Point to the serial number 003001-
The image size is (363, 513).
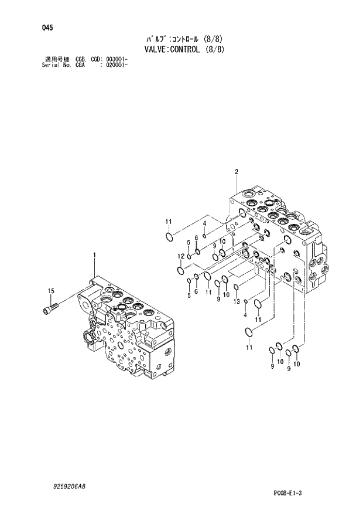click(117, 59)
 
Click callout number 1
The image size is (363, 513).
click(94, 254)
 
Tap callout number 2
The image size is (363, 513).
click(236, 172)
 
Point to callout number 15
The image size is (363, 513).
click(51, 291)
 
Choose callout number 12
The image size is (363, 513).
click(181, 257)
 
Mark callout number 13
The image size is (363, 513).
click(236, 301)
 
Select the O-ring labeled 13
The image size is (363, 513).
click(235, 287)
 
